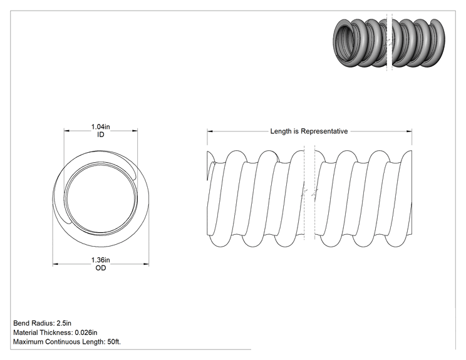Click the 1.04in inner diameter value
[x=100, y=127]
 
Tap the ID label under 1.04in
[x=101, y=135]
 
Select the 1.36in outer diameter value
[x=100, y=260]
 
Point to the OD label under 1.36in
[x=101, y=268]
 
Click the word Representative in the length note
[x=324, y=131]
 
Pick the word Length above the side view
[x=281, y=131]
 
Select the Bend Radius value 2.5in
[x=64, y=323]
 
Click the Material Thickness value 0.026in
[x=86, y=332]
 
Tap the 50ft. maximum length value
[x=114, y=342]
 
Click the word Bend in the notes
[x=21, y=323]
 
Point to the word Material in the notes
[x=25, y=332]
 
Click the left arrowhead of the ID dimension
[x=67, y=130]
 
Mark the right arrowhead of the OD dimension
[x=146, y=264]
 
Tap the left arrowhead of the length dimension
[x=210, y=131]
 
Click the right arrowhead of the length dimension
[x=409, y=131]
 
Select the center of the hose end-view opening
[x=101, y=197]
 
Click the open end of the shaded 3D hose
[x=344, y=42]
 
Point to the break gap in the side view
[x=309, y=195]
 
